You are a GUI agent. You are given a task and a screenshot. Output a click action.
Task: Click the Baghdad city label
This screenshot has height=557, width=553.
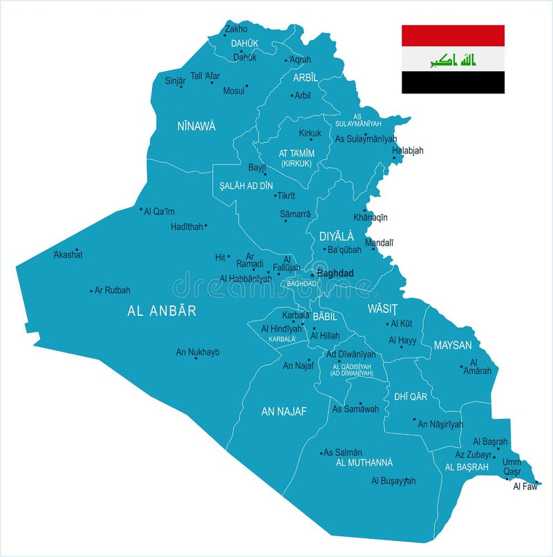coord(335,273)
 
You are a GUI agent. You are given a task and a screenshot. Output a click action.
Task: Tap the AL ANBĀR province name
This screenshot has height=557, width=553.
coord(162,311)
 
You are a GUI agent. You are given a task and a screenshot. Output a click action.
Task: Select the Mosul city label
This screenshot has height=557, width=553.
coord(234,91)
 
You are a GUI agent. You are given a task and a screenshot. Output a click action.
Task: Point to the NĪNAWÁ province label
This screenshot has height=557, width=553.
coord(196,126)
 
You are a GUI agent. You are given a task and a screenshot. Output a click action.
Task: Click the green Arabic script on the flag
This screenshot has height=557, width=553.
coord(453,59)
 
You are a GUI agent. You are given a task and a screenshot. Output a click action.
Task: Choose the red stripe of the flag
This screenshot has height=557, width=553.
coord(453,36)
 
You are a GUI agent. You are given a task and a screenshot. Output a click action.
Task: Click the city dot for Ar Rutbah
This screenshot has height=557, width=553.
coord(91,291)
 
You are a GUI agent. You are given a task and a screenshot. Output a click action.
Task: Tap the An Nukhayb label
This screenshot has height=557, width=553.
coord(198,352)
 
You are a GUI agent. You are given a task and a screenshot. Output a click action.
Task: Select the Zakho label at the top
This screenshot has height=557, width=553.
coord(236,29)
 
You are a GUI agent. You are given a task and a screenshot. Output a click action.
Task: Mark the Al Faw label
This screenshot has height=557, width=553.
coord(525,486)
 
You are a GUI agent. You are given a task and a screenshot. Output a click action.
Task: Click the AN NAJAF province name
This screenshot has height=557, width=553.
coord(283,411)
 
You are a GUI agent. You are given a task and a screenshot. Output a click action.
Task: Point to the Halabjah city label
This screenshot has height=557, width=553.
coord(408,150)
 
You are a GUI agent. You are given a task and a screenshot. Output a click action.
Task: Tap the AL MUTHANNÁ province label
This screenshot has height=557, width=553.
coord(364,462)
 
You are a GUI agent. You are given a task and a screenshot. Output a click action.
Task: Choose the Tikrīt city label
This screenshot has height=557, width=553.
coord(287,196)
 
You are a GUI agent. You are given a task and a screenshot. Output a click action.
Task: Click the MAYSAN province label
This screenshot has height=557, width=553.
coord(452,345)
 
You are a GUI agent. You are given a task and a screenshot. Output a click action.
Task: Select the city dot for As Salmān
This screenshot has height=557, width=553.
coord(321,453)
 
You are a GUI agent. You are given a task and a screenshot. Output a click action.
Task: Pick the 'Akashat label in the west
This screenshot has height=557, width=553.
coord(68,254)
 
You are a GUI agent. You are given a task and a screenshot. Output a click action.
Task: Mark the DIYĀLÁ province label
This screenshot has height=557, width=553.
coord(336,236)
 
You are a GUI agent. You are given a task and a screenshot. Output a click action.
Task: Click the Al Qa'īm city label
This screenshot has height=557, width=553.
coord(159,211)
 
